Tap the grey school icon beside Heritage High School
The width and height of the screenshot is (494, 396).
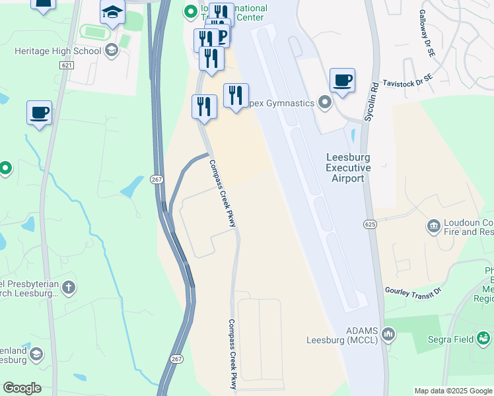(x=112, y=50)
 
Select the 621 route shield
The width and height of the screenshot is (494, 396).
(x=66, y=65)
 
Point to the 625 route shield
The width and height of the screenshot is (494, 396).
(x=370, y=224)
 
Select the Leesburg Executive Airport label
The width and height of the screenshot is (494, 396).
(x=348, y=168)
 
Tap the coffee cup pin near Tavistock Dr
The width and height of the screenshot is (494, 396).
(x=342, y=81)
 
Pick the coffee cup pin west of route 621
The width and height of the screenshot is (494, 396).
(x=39, y=113)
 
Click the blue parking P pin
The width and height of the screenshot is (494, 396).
(x=221, y=36)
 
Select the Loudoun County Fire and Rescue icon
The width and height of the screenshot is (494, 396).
(x=434, y=226)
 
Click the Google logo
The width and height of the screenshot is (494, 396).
(x=22, y=388)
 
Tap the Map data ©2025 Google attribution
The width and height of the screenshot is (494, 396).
(x=453, y=391)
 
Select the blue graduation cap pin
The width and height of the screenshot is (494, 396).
(x=113, y=13)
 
